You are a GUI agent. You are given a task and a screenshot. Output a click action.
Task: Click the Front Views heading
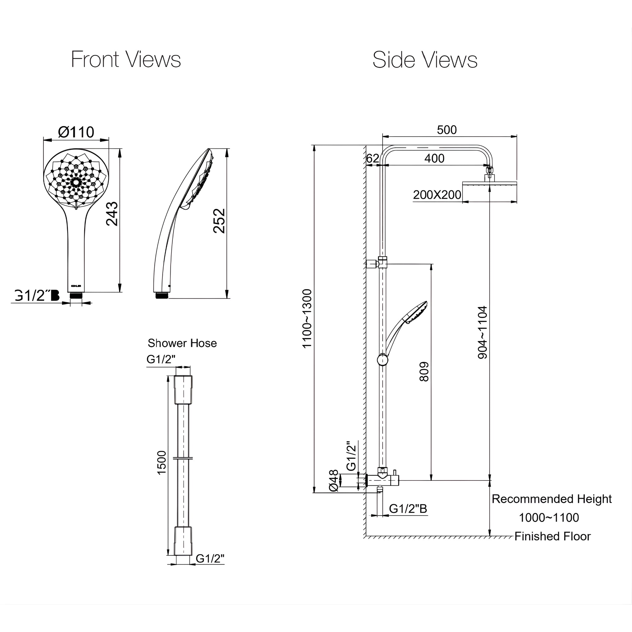(126, 60)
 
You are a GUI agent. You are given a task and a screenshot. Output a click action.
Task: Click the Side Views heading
(425, 60)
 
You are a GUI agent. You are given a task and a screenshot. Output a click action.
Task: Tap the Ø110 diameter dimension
(76, 132)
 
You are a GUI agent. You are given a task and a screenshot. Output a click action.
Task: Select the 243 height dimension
(112, 214)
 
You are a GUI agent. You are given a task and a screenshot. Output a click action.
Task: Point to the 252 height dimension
(219, 221)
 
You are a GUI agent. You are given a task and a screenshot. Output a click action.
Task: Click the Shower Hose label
(182, 343)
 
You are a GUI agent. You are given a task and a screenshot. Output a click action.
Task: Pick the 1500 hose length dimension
(162, 463)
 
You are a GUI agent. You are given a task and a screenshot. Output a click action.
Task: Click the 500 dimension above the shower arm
(447, 130)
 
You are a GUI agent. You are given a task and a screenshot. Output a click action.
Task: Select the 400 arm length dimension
(434, 159)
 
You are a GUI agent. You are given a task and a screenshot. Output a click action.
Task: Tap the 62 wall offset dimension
(372, 159)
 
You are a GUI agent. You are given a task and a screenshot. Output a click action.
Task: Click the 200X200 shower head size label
(437, 195)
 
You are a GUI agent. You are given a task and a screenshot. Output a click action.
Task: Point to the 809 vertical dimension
(424, 372)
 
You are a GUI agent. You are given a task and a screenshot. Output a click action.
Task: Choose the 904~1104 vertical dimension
(483, 333)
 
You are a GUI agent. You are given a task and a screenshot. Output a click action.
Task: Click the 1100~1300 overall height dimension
(307, 319)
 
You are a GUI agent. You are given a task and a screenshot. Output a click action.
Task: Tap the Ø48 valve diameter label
(333, 480)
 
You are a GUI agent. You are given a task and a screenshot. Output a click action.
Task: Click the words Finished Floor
(552, 536)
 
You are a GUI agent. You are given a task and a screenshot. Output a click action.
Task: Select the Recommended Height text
(551, 499)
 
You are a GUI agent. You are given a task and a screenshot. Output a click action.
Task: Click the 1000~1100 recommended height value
(549, 518)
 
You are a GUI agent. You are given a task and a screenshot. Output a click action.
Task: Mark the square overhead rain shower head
(489, 191)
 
